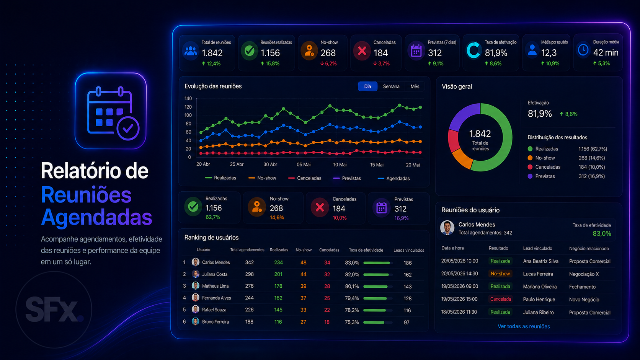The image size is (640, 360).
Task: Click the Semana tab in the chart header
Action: (x=391, y=86)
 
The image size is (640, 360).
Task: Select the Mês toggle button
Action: (x=415, y=86)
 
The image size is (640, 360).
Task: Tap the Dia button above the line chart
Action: (x=368, y=86)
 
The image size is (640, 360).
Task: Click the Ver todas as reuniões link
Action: (x=524, y=326)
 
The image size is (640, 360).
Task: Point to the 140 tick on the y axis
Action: (x=188, y=98)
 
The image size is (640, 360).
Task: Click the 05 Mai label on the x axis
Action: (x=304, y=165)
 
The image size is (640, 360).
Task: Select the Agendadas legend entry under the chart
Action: (x=394, y=178)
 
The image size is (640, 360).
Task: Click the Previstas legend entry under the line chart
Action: (x=347, y=178)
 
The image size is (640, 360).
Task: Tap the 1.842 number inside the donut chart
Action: (x=480, y=134)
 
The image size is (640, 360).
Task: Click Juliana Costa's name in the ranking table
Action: (x=215, y=274)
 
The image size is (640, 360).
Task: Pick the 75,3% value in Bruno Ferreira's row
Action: (x=352, y=322)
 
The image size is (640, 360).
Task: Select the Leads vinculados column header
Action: (x=409, y=250)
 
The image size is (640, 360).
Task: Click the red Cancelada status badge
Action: (x=501, y=299)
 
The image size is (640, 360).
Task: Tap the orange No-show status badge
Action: (x=500, y=274)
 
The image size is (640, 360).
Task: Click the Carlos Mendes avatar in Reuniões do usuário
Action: (x=447, y=228)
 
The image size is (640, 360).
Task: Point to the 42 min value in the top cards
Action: (x=606, y=52)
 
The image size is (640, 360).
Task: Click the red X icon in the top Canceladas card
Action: (x=362, y=51)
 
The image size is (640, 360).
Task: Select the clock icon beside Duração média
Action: (x=583, y=50)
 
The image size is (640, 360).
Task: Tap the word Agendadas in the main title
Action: (x=96, y=217)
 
